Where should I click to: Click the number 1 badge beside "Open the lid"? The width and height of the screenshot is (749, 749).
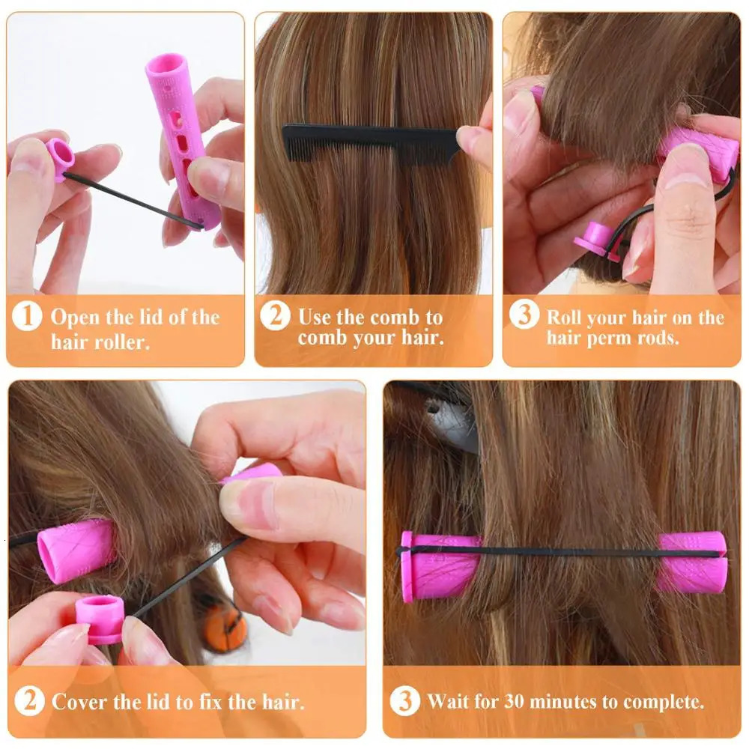[x=27, y=317]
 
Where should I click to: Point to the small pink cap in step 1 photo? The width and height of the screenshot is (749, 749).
[x=59, y=157]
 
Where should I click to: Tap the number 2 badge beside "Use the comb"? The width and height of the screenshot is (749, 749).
[x=275, y=317]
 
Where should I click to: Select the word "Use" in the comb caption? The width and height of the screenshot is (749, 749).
[x=314, y=317]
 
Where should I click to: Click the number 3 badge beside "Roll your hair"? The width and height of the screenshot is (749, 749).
[x=524, y=315]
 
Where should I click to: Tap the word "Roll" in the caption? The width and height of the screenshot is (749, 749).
[x=563, y=317]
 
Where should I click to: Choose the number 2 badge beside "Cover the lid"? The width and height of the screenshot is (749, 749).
[x=29, y=702]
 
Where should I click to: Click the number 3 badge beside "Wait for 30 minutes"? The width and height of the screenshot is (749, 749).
[x=404, y=702]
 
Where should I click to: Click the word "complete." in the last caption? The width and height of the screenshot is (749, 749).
[x=668, y=703]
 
